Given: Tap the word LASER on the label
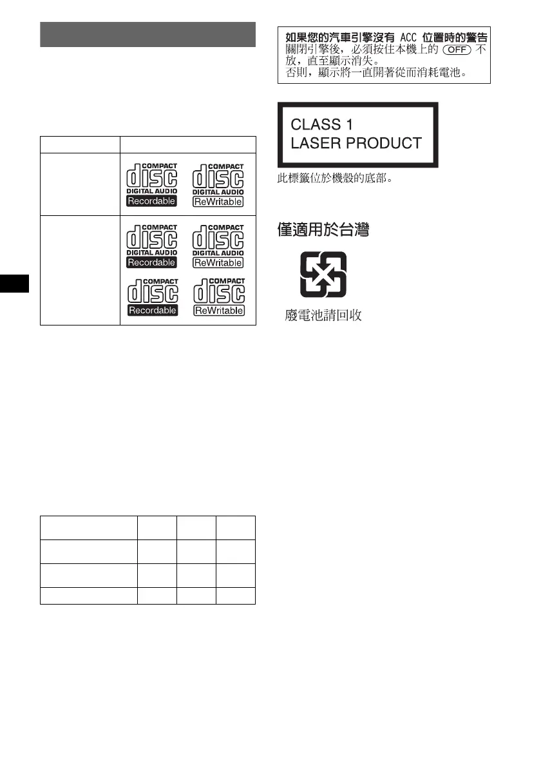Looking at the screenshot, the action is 313,142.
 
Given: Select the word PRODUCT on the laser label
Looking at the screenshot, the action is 385,142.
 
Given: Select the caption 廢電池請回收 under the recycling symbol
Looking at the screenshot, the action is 323,315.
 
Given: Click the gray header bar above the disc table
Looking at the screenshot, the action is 148,34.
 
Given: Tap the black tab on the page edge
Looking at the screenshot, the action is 14,281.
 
